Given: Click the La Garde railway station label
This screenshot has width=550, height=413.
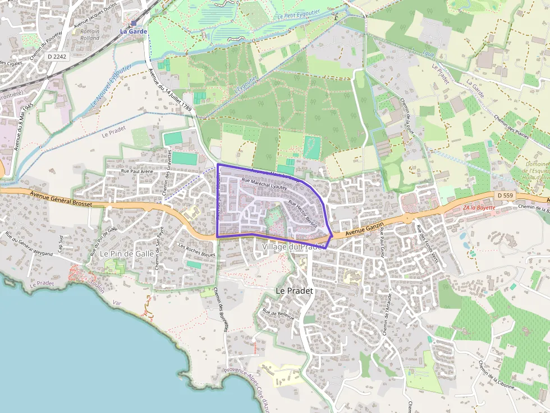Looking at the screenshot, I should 134,31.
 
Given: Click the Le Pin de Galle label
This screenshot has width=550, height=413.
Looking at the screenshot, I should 127,253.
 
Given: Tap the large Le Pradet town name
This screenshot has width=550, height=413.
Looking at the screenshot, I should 294,291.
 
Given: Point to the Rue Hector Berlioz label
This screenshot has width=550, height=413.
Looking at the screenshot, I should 302,213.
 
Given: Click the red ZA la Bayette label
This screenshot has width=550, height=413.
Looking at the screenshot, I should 479,208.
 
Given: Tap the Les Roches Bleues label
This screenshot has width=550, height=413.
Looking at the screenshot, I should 196,249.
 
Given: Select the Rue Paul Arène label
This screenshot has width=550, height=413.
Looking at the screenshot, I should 137,172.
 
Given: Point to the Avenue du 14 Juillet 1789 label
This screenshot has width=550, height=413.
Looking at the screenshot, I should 171,91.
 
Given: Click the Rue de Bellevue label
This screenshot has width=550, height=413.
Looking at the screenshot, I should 278,315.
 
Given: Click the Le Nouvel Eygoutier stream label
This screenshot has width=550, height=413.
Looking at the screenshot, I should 111,86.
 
